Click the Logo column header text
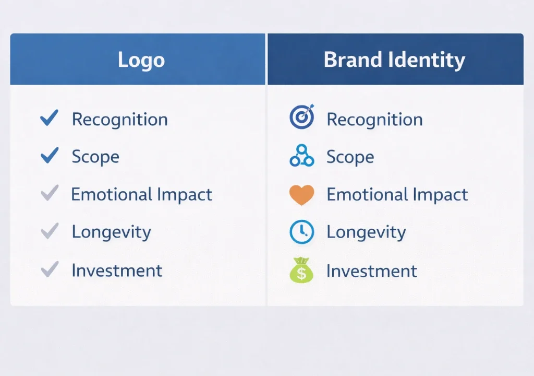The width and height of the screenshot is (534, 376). pos(141,60)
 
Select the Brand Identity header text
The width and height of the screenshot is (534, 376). pos(394,60)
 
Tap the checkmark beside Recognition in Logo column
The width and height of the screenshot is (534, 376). pos(50,119)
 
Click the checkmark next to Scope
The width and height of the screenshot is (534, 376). pos(50,156)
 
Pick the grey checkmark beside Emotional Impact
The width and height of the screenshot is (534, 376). pos(50,194)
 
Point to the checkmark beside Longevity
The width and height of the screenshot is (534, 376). pos(50,231)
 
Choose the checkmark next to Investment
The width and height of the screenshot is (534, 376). pos(50,270)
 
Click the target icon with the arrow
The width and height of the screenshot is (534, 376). pos(302,117)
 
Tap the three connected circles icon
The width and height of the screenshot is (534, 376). pos(302,156)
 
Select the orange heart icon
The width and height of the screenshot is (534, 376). pos(302,195)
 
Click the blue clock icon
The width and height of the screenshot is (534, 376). pos(302,232)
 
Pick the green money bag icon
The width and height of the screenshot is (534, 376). pos(302,271)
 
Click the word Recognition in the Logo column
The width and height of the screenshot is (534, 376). pos(119,120)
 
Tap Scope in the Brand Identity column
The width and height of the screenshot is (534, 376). pos(350,157)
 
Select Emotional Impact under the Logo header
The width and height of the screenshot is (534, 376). pos(141,195)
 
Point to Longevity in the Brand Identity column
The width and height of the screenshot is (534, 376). pos(366,232)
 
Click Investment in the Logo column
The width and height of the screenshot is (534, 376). pos(117,271)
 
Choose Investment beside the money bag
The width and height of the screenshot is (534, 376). pos(372,271)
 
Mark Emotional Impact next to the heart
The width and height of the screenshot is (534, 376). pos(397,195)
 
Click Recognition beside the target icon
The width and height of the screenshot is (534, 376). pos(374,120)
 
